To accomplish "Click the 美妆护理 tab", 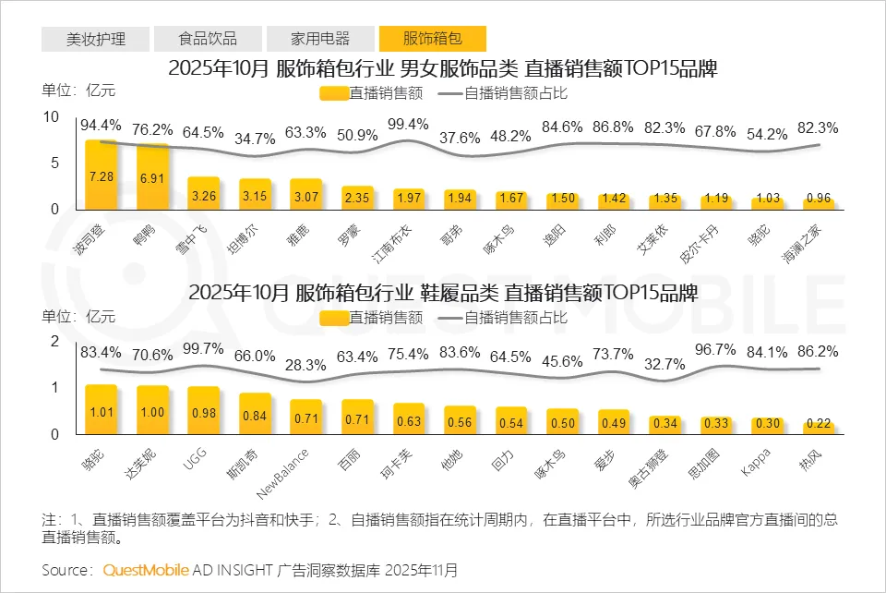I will pos(95,39).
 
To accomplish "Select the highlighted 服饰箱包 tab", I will pos(432,39).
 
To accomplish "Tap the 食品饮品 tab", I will pos(208,39).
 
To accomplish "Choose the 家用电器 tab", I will pos(320,39).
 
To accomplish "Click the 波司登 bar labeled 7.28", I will pos(102,175).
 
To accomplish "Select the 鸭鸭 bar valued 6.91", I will pos(152,176).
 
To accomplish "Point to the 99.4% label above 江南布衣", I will pos(408,125).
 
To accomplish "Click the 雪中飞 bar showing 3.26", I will pos(203,193).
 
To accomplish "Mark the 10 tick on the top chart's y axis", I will pos(52,115).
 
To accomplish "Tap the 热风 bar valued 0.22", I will pos(818,428).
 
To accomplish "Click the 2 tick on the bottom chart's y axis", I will pos(54,340).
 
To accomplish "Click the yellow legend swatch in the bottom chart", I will pos(333,318).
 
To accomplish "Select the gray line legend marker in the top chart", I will pos(448,92).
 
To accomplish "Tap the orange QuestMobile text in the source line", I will pos(146,569).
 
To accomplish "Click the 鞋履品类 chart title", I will pos(442,293).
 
